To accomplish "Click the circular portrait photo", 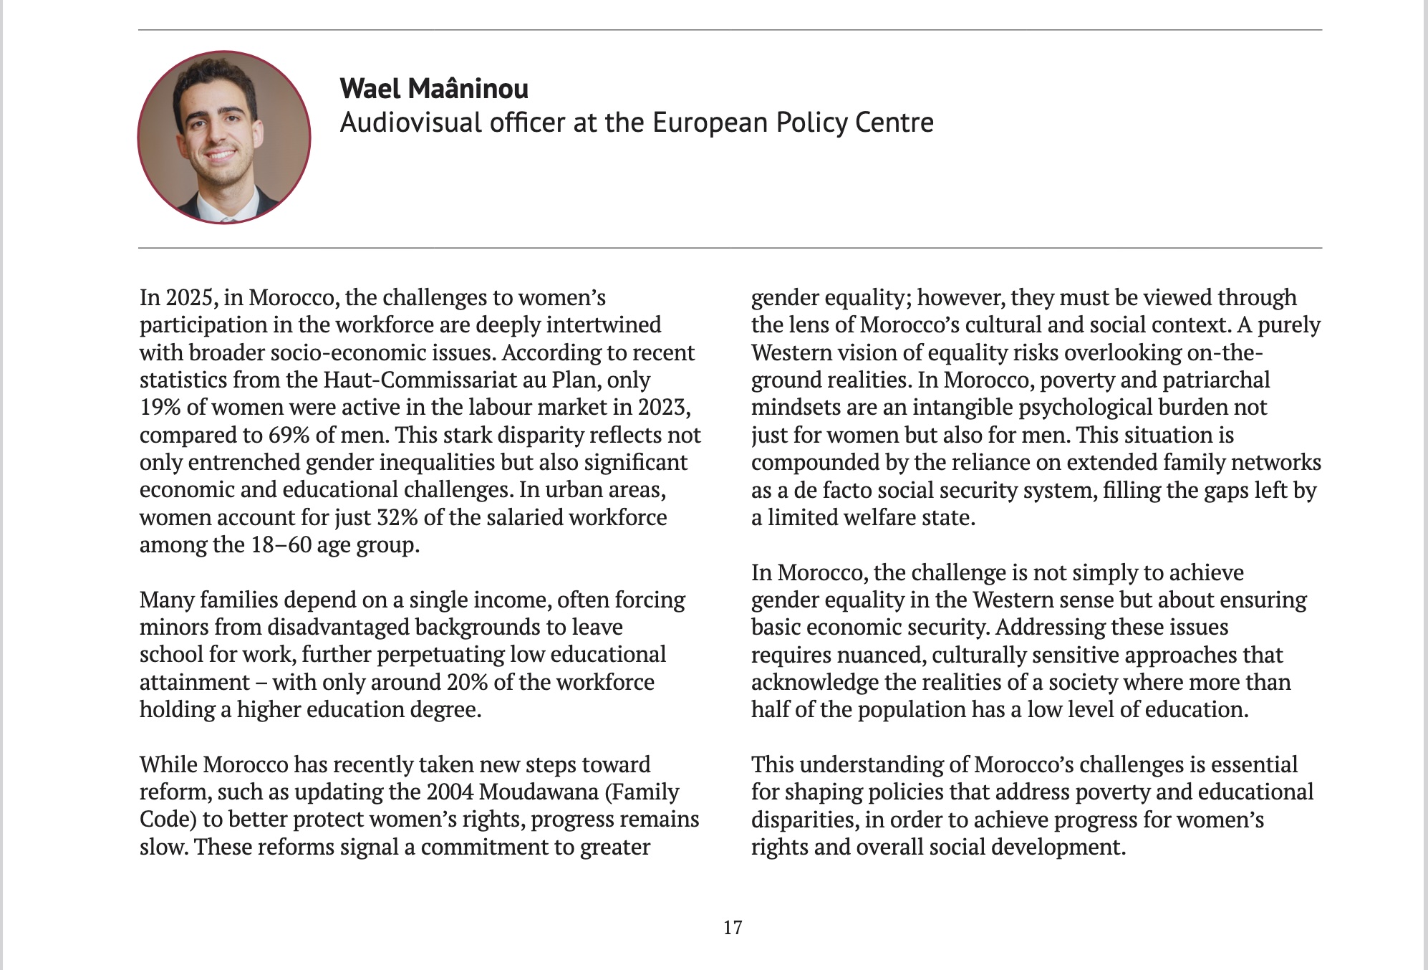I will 224,138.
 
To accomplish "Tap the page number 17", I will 733,928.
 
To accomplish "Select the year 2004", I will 449,792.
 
